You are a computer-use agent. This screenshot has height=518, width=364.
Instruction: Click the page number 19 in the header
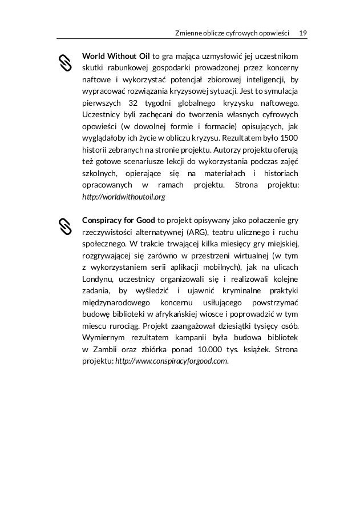303,29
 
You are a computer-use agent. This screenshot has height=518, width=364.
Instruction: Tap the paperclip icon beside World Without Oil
65,63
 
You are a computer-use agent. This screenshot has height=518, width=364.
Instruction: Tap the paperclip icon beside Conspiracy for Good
65,226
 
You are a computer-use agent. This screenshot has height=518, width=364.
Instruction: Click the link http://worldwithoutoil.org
124,197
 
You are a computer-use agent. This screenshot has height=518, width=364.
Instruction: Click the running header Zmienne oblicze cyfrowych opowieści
232,29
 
